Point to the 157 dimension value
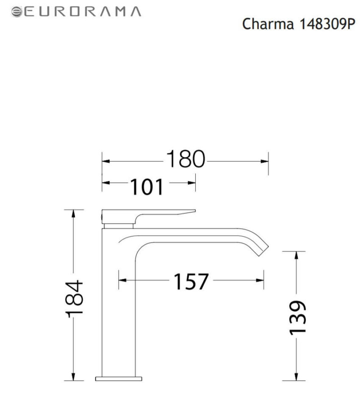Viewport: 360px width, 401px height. (x=191, y=282)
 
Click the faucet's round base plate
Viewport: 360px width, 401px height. (x=119, y=377)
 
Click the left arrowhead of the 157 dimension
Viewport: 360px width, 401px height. (x=122, y=280)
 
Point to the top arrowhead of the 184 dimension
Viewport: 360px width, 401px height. (x=74, y=213)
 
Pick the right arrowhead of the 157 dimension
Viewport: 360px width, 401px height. (x=261, y=280)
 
